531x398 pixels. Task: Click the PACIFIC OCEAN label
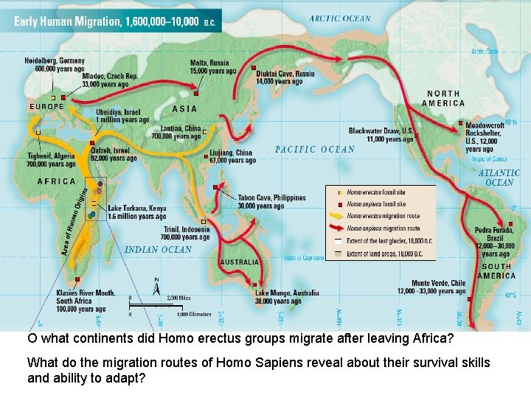(x=315, y=149)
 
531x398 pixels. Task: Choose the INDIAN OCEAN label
(x=158, y=250)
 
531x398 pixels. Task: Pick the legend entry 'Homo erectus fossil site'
(x=375, y=192)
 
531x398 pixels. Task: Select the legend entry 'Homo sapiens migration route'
(x=383, y=228)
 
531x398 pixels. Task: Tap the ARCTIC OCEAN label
(x=340, y=18)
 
